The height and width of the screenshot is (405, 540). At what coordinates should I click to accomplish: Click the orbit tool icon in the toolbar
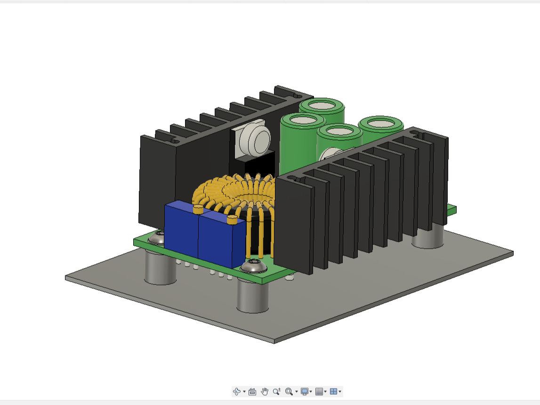[237, 391]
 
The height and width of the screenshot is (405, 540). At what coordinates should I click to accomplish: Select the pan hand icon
[265, 391]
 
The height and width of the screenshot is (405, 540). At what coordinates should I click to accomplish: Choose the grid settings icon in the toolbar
[319, 391]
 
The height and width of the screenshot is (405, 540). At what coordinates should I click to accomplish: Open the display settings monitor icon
[305, 391]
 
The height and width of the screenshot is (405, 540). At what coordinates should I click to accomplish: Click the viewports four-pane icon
[333, 391]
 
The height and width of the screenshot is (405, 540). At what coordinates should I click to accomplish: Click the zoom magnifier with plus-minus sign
[276, 391]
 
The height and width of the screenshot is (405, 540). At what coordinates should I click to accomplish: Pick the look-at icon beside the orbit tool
[252, 391]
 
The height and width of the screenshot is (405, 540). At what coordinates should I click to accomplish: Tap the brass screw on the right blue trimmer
[231, 219]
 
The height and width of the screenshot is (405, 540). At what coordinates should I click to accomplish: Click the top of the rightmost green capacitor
[380, 123]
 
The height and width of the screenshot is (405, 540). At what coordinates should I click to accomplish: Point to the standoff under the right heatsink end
[427, 237]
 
